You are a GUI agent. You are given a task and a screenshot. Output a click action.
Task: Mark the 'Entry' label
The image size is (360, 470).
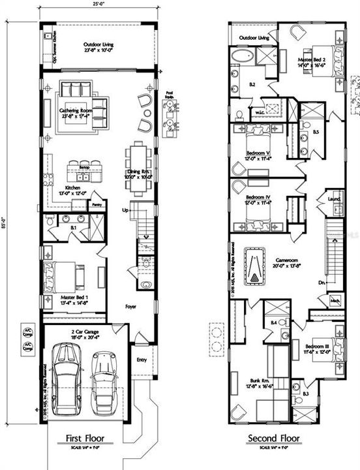pyautogui.click(x=142, y=359)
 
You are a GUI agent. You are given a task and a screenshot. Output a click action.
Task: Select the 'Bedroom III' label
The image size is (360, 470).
pyautogui.click(x=316, y=345)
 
